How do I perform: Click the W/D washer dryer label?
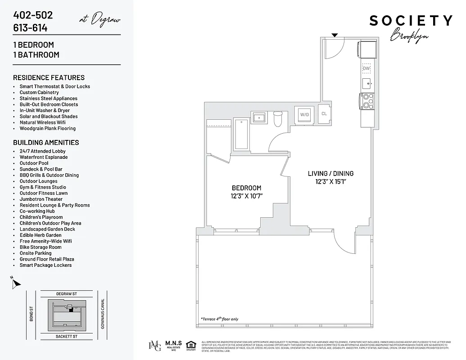pos(305,115)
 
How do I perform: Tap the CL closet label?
pos(324,114)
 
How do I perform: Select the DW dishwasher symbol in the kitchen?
pos(366,68)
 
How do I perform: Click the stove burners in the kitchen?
pos(366,101)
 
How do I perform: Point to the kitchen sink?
pos(366,83)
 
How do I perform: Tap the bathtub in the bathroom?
pos(241,134)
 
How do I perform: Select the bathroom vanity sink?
pos(259,118)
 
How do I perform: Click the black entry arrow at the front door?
pos(335,35)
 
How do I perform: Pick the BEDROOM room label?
pos(246,188)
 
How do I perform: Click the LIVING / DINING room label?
pos(330,173)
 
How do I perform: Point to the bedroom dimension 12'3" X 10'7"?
pos(246,196)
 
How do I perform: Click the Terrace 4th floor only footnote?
pos(220,319)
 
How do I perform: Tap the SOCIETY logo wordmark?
pos(411,21)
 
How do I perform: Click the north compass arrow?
pos(16,283)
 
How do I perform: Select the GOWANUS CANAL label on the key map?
pos(103,314)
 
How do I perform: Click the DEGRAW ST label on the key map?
pos(67,293)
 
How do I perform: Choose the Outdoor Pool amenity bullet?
pos(34,163)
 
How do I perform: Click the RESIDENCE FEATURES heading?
pos(49,77)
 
